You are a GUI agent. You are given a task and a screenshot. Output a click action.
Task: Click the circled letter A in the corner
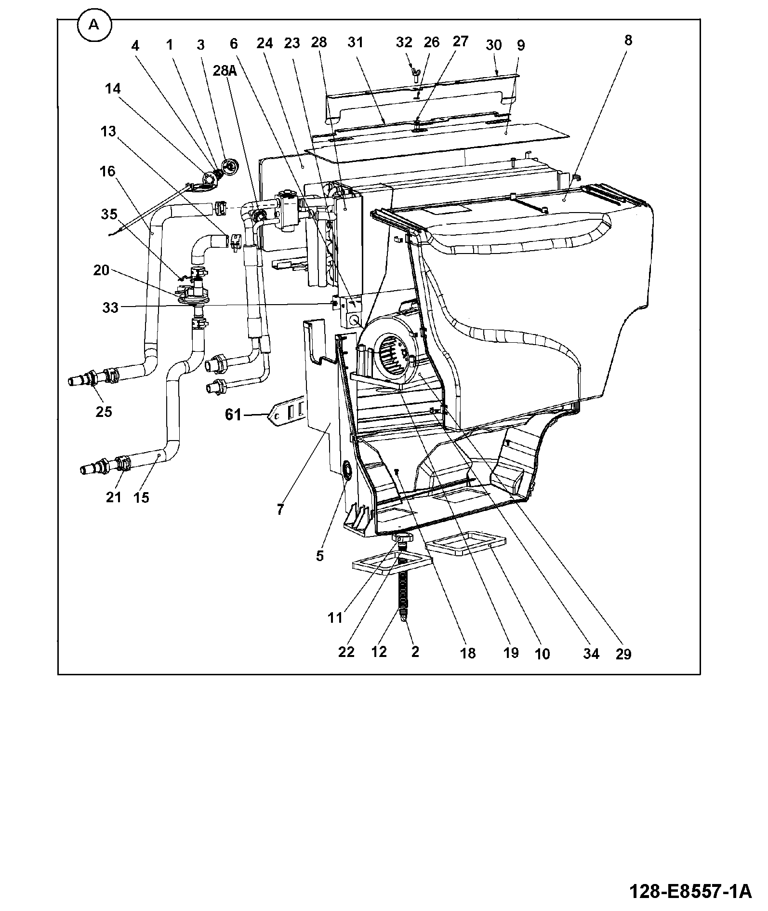(x=93, y=26)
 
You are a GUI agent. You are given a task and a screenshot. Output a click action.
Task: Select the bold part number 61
(x=233, y=414)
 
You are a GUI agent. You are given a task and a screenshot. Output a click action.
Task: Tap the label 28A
(x=225, y=71)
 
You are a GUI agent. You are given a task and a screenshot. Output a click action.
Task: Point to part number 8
(x=628, y=40)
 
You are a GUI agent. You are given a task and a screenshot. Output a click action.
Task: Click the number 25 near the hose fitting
(x=104, y=412)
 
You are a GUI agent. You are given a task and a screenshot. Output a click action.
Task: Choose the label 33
(x=110, y=307)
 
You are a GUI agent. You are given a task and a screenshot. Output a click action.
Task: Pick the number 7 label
(x=280, y=509)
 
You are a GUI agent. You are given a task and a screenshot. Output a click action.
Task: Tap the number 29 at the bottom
(x=623, y=654)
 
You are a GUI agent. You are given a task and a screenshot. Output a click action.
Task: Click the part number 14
(x=112, y=89)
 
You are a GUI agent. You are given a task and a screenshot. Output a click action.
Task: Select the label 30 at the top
(x=493, y=45)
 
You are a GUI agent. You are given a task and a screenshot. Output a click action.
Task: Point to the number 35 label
(x=109, y=214)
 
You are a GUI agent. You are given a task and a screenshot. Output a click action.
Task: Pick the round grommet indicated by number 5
(x=346, y=469)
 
